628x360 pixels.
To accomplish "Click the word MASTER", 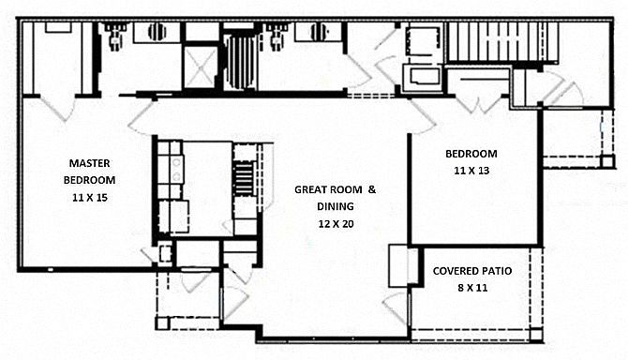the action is click(x=89, y=163).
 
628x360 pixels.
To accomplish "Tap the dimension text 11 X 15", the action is click(x=90, y=198).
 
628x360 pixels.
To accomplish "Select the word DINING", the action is click(x=336, y=206).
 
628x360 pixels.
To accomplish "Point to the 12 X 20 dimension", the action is click(x=336, y=224).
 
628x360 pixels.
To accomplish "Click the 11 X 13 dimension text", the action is click(x=471, y=171).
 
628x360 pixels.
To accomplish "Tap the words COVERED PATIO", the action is click(x=472, y=271).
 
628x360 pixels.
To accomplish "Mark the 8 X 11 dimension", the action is click(x=472, y=288).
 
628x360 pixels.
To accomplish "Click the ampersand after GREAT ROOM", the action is click(x=372, y=189).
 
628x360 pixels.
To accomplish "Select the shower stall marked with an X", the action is click(x=201, y=67).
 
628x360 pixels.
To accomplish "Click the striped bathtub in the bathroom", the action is click(x=240, y=63).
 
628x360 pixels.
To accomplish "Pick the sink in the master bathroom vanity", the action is click(x=157, y=32).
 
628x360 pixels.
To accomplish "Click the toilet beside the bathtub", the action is click(x=276, y=36).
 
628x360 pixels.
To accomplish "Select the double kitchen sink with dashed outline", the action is click(x=173, y=217).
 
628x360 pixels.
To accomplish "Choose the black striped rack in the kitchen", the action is click(x=244, y=178).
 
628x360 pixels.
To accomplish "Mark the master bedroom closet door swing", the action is click(x=57, y=107).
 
